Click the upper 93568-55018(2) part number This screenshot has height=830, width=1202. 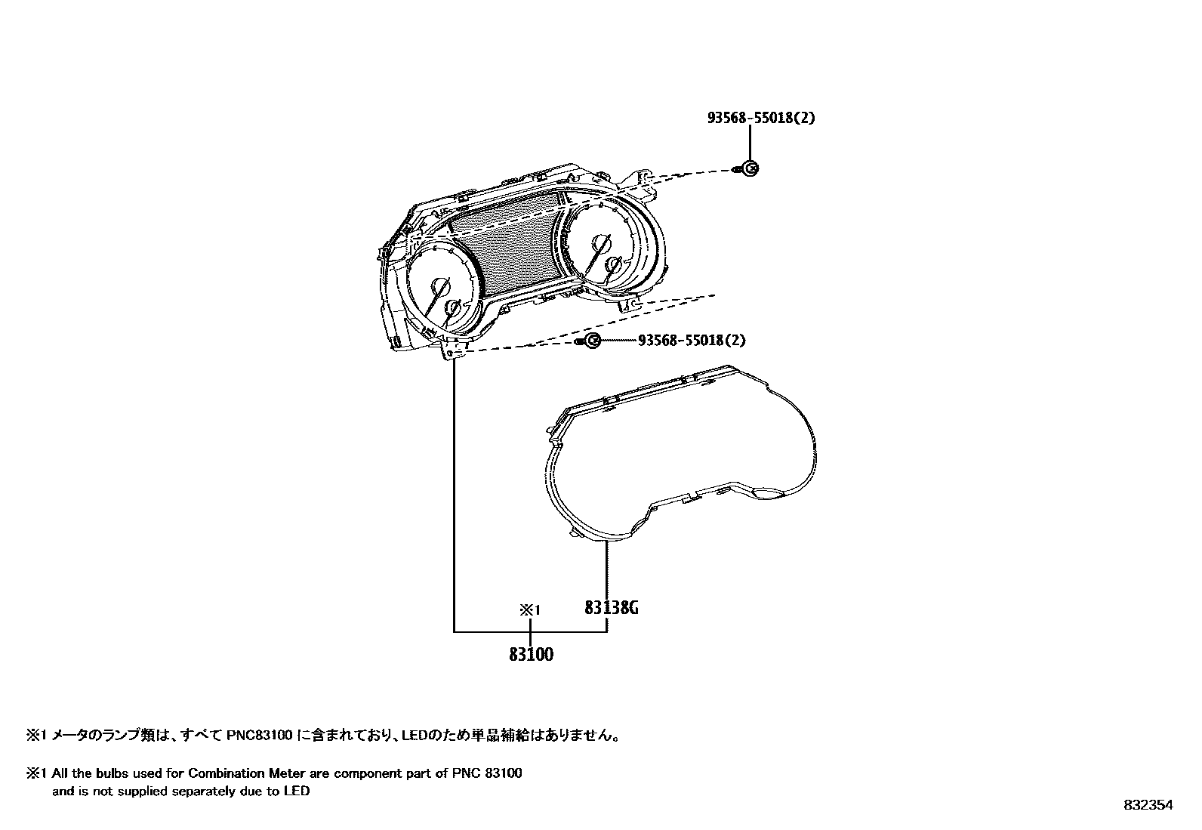tap(761, 118)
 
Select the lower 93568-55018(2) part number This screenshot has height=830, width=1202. tap(692, 340)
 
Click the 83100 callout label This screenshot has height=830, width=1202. tap(531, 655)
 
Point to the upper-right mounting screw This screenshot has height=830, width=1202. tap(749, 168)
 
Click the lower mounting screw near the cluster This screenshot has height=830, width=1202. tap(592, 341)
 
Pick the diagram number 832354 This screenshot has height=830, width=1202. tap(1148, 805)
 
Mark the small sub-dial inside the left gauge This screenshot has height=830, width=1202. tap(454, 308)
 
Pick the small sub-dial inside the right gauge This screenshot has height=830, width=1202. tap(614, 265)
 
